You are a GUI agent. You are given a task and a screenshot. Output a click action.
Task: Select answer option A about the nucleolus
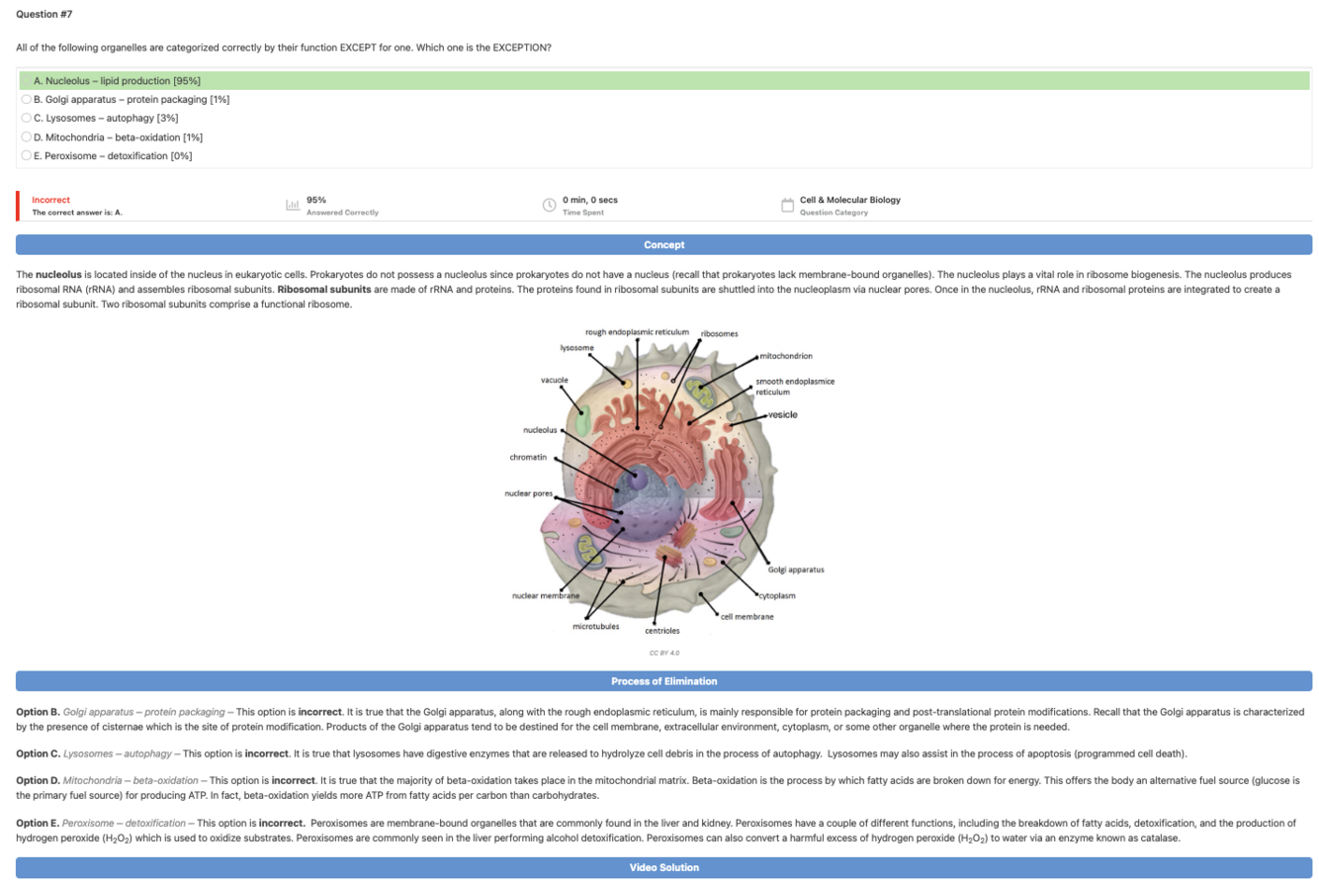(x=117, y=80)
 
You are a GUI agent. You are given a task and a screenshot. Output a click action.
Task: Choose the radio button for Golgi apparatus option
(x=26, y=99)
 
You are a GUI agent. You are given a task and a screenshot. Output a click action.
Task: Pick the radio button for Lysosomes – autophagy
(x=26, y=118)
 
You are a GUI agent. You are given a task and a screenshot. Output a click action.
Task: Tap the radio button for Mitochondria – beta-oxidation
(x=26, y=136)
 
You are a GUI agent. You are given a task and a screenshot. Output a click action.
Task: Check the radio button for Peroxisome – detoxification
(x=26, y=155)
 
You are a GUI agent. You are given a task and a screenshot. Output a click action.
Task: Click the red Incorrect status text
(x=50, y=200)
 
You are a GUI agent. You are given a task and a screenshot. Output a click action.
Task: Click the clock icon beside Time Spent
(x=549, y=206)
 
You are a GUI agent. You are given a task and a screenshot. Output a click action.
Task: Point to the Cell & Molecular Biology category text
(x=849, y=200)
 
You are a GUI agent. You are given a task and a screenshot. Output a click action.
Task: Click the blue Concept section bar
(x=663, y=244)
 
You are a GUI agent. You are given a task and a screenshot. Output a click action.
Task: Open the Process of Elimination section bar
(x=663, y=681)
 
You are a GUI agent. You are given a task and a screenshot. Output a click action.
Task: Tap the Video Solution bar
(x=663, y=868)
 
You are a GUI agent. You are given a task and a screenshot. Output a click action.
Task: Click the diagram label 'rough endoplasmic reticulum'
(x=637, y=331)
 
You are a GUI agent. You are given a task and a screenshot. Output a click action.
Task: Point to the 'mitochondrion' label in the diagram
(x=786, y=355)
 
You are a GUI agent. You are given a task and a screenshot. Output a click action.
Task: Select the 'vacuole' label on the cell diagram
(x=554, y=380)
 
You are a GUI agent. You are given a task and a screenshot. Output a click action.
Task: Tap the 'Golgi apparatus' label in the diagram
(x=796, y=570)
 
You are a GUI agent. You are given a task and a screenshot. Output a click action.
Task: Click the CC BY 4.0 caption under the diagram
(x=663, y=653)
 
